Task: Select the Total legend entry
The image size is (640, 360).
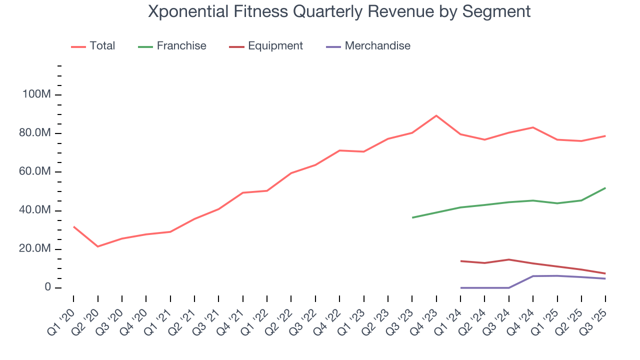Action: click(93, 46)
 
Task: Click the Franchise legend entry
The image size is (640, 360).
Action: click(172, 46)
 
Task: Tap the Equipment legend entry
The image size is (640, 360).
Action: click(266, 46)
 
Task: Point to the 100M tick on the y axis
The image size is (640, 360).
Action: click(36, 95)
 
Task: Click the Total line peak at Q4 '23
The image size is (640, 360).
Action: click(436, 115)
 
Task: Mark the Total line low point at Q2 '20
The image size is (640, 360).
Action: click(97, 246)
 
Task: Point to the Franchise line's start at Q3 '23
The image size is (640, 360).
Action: click(412, 217)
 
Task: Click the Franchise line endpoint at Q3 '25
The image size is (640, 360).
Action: click(605, 188)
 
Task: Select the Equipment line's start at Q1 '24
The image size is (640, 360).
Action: click(460, 261)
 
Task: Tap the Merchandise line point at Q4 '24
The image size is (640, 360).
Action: click(533, 276)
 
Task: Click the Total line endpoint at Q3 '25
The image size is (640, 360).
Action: click(605, 136)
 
